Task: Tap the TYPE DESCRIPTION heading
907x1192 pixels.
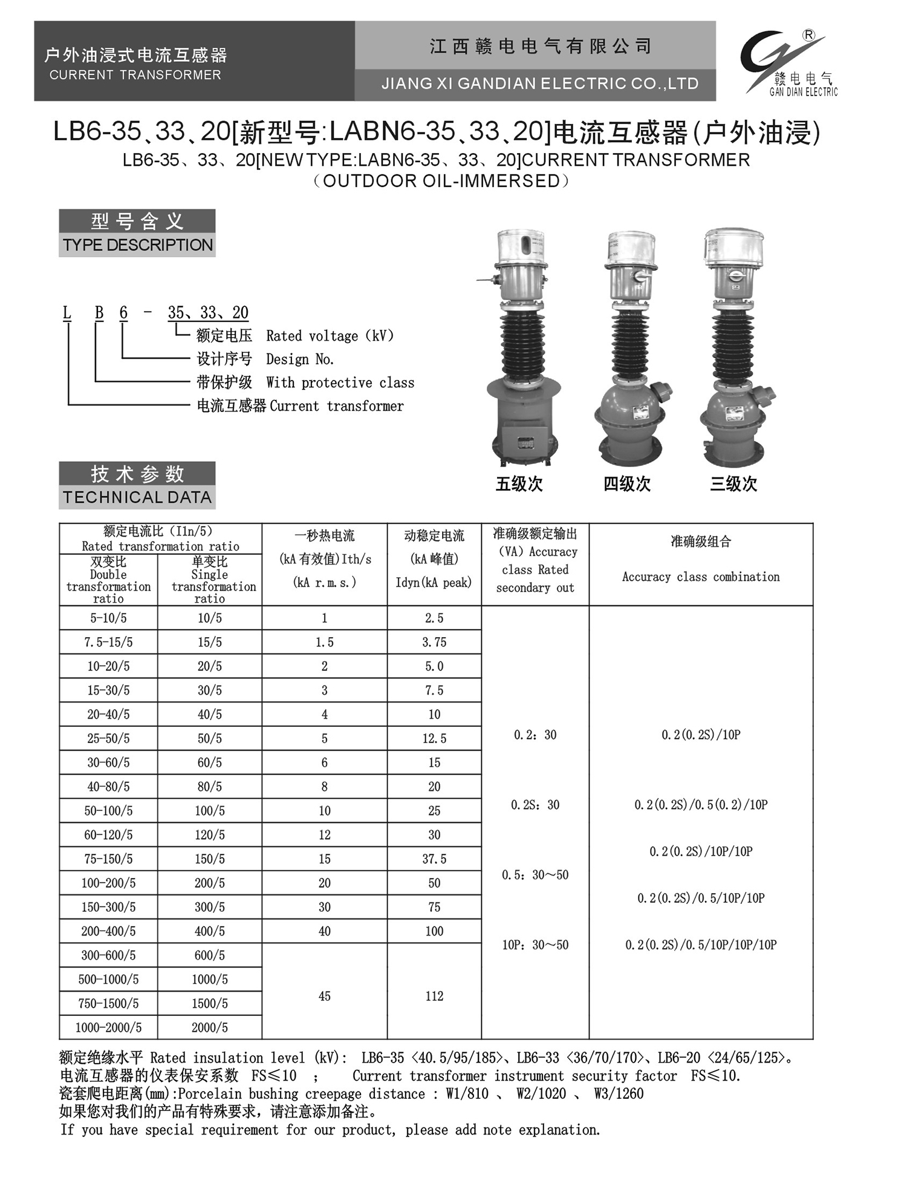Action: (137, 245)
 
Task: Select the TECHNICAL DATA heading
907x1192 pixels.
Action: (137, 497)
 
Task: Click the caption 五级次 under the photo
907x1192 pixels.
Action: (519, 483)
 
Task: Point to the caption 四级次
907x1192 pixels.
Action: (626, 483)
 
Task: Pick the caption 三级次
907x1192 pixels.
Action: (733, 483)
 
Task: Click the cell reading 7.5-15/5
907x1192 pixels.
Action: (108, 642)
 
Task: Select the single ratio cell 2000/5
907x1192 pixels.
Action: (209, 1027)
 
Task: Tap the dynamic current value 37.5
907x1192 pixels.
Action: (434, 859)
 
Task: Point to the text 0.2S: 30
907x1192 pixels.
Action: (535, 805)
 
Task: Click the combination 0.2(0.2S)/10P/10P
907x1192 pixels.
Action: (701, 851)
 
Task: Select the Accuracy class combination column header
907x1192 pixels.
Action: (701, 577)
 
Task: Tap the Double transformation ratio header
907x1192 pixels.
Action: (108, 580)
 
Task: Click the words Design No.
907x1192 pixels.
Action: (300, 359)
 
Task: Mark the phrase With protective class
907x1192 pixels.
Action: (340, 382)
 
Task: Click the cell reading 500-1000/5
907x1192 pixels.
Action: (108, 979)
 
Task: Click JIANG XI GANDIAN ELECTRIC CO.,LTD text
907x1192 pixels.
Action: (539, 84)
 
